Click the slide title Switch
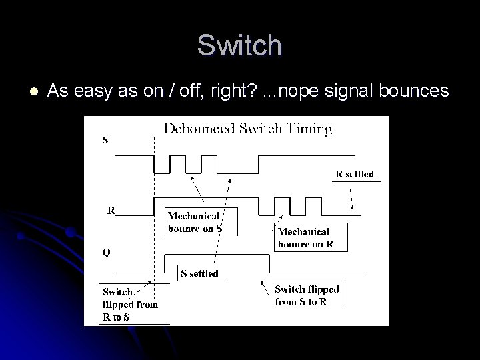pos(239,45)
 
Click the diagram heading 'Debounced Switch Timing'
pos(248,129)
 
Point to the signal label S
pos(105,140)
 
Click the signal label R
pos(112,210)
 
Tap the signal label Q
pos(107,253)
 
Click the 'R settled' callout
pos(355,174)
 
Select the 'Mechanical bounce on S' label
pos(194,221)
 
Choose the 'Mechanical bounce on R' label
pos(304,237)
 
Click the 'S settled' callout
pos(199,273)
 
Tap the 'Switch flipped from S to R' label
pos(307,295)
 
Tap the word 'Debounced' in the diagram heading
pos(198,129)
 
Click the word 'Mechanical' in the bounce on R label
pos(303,231)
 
